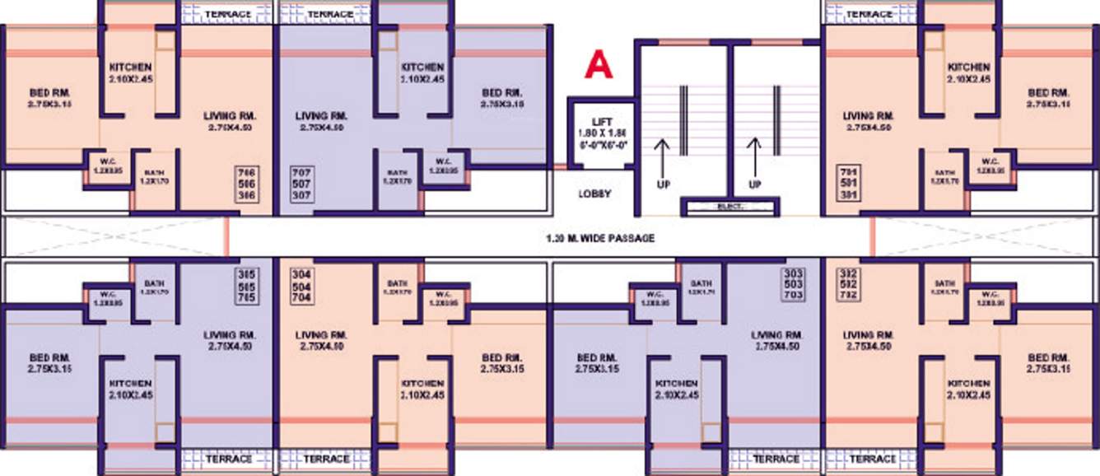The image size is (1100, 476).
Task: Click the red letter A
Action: pyautogui.click(x=599, y=65)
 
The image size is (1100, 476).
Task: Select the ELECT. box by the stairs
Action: pyautogui.click(x=729, y=207)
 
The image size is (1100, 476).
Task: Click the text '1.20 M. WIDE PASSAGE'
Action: pyautogui.click(x=599, y=239)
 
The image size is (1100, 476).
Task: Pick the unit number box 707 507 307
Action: pyautogui.click(x=301, y=184)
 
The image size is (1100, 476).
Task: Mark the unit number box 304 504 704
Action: pyautogui.click(x=301, y=286)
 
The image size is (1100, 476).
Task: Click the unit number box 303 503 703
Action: pyautogui.click(x=793, y=283)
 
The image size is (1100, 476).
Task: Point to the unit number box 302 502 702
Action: pyautogui.click(x=848, y=284)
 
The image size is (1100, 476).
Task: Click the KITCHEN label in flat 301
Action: pyautogui.click(x=967, y=67)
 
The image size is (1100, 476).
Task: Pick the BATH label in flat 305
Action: pyautogui.click(x=154, y=283)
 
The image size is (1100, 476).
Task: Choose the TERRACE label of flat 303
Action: pyautogui.click(x=776, y=459)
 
